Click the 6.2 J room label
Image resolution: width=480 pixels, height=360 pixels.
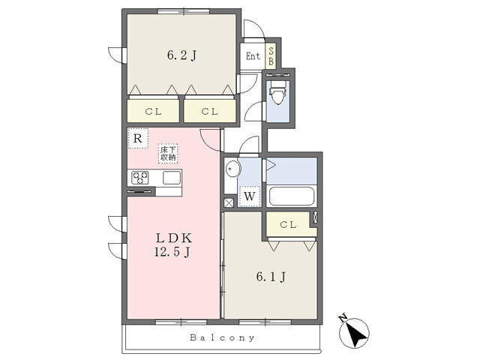(x=181, y=55)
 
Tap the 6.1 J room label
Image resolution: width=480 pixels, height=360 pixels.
(x=271, y=277)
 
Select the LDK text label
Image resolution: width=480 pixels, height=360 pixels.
(x=173, y=238)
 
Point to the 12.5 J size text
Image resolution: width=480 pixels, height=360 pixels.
(x=172, y=252)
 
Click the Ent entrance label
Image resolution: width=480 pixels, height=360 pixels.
(x=253, y=56)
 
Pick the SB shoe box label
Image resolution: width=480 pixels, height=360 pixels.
(x=271, y=56)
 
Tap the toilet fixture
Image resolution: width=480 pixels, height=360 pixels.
(x=277, y=91)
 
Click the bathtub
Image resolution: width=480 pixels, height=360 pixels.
(x=292, y=196)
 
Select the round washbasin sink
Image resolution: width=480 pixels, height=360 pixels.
(x=232, y=169)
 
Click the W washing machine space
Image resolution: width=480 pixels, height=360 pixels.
(x=250, y=196)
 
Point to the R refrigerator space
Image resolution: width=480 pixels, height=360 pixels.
(x=138, y=138)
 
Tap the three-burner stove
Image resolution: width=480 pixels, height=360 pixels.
(x=140, y=178)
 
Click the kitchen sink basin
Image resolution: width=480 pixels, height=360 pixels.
(x=172, y=178)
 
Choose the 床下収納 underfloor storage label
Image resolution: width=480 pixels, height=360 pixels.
(x=168, y=154)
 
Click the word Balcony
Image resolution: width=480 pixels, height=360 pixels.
(x=222, y=337)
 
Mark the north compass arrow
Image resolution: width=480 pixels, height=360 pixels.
(x=356, y=334)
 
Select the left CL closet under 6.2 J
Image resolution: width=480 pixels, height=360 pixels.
(x=153, y=111)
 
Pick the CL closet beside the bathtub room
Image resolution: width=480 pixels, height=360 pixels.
(x=288, y=225)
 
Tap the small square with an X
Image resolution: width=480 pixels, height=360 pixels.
(x=229, y=202)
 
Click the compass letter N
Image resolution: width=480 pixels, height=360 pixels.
(x=343, y=317)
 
